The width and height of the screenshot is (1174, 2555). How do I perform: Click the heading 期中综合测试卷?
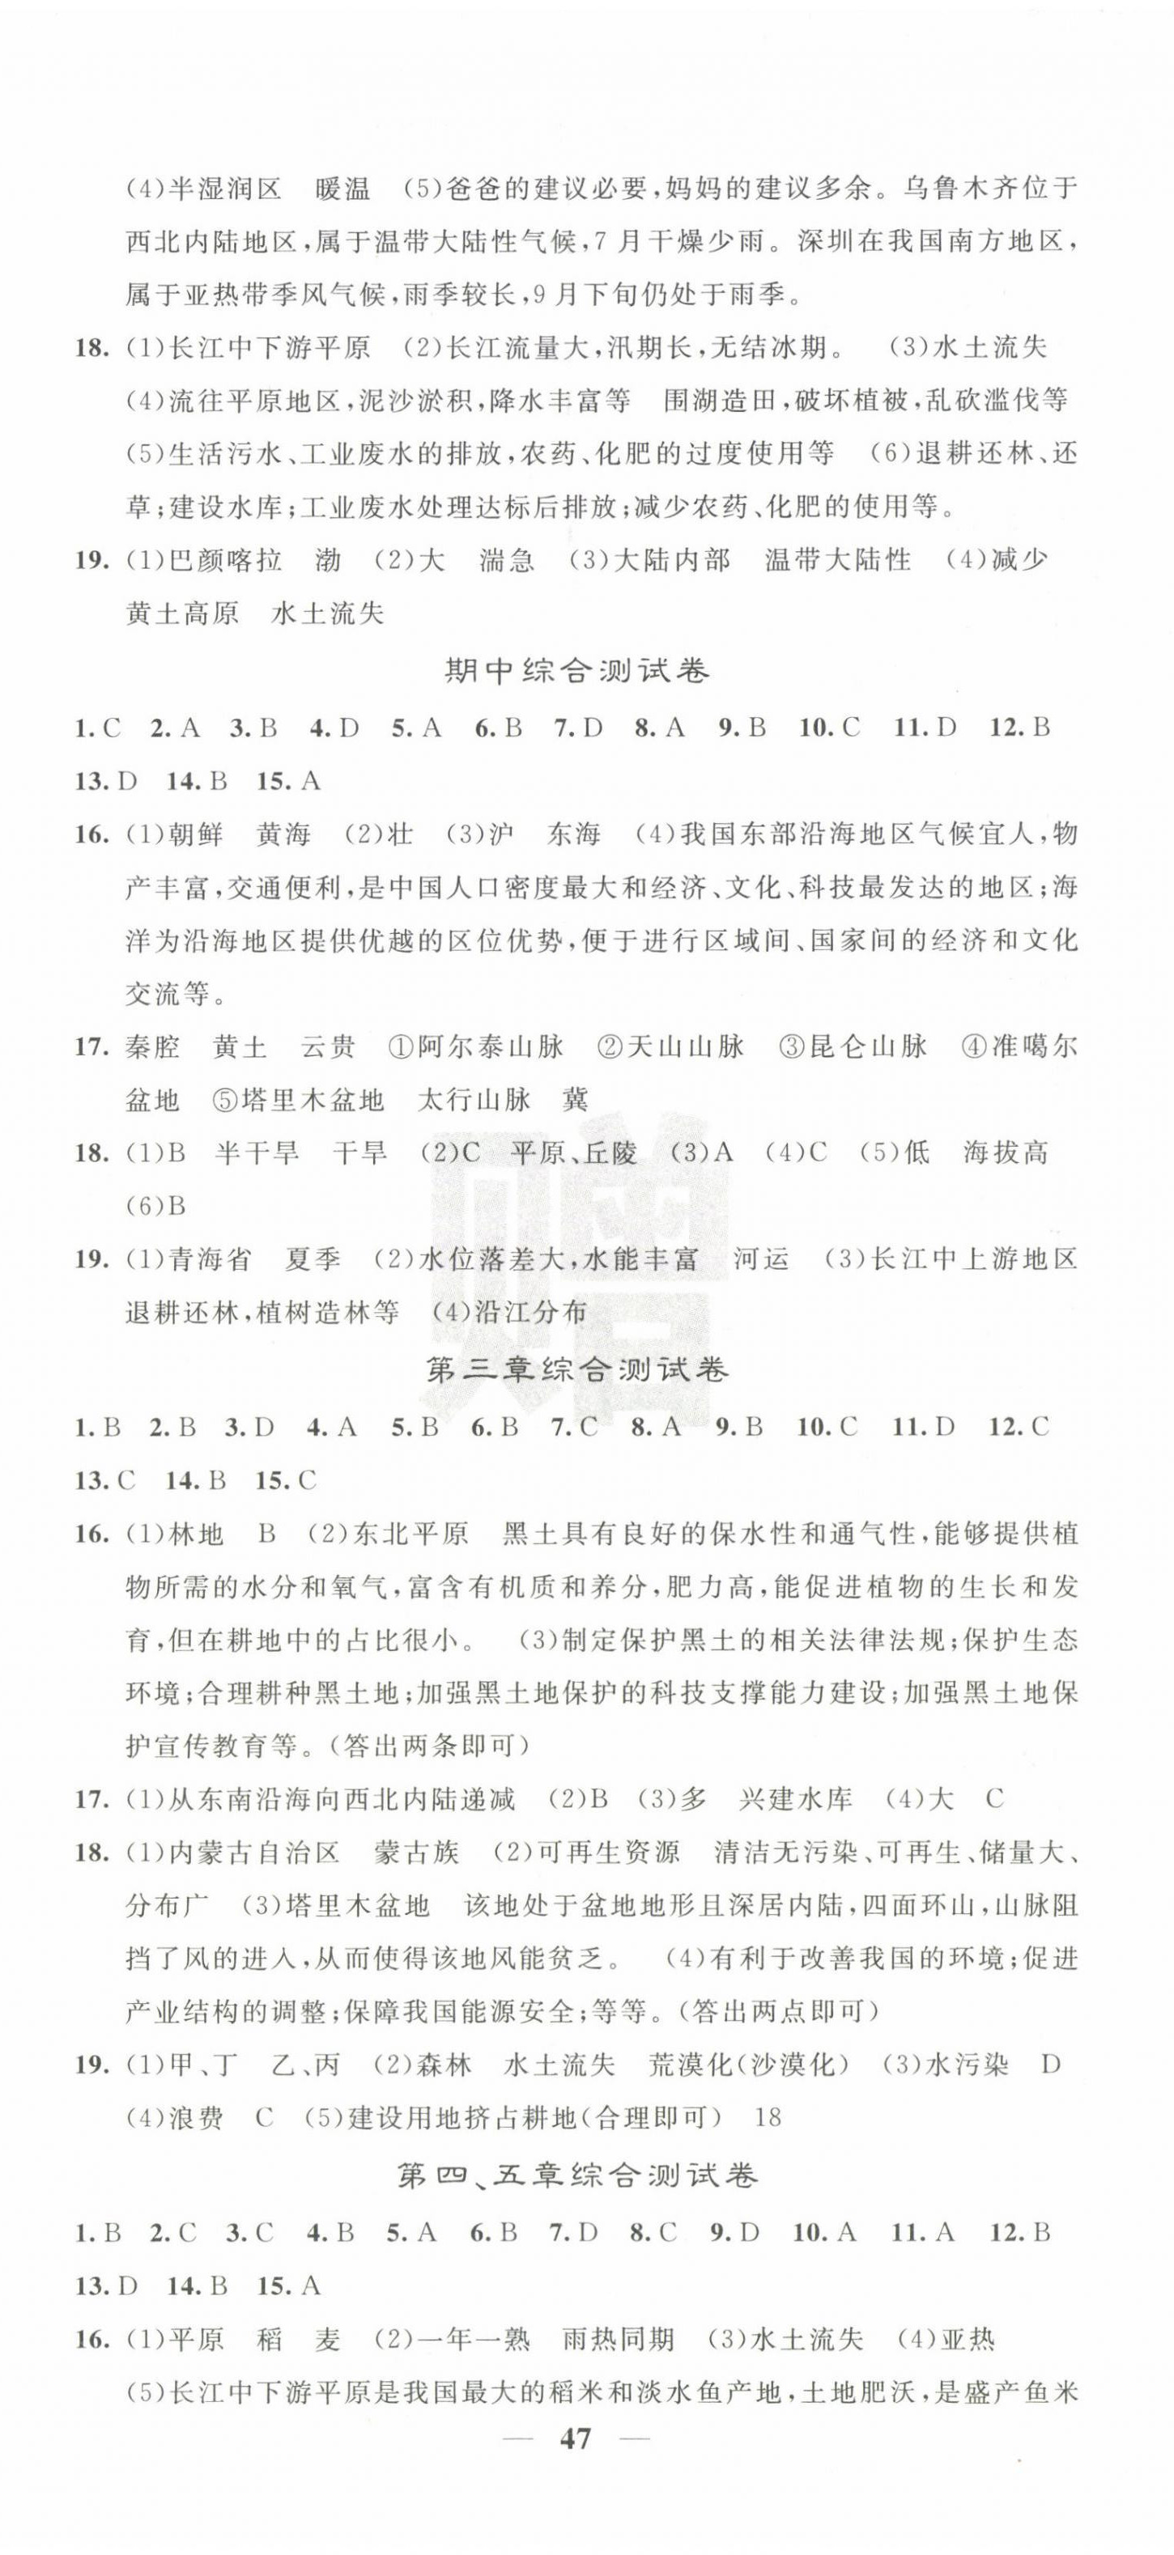576,673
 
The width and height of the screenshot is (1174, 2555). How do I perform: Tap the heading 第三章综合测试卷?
576,1371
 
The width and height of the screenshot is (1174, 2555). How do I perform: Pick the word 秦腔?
154,1046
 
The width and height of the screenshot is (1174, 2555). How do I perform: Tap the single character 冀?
575,1100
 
